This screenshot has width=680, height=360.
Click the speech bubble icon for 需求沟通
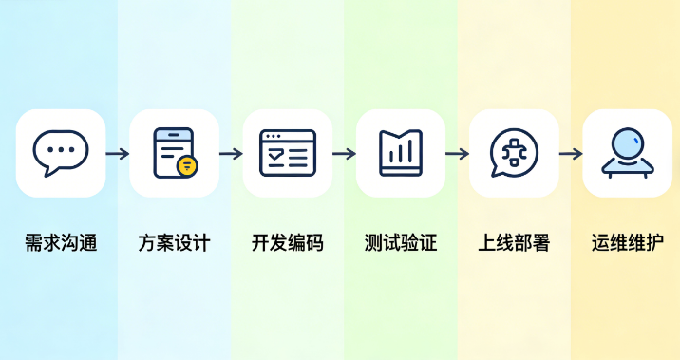61,152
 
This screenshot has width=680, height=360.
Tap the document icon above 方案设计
174,152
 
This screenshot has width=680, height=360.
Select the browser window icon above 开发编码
287,152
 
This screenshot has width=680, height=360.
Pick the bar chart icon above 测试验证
400,152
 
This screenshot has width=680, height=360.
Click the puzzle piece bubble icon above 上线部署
514,152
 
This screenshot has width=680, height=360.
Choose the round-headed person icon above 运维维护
627,152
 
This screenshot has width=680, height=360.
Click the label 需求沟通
61,242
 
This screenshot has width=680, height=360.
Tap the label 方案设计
174,242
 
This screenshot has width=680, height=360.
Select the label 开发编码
287,242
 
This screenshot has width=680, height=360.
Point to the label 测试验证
400,242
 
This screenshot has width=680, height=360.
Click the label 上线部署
514,242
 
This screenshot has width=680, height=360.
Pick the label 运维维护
627,242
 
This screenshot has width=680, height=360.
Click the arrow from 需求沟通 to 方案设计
117,153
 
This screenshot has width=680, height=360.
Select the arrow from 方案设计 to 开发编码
231,153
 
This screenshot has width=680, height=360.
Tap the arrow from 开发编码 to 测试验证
344,153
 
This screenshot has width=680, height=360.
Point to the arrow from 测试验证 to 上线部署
457,153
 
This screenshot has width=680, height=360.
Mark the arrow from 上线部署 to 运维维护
570,153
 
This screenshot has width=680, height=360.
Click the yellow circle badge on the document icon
187,165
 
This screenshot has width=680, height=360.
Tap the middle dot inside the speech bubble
61,149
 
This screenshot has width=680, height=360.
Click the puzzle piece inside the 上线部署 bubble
514,151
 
